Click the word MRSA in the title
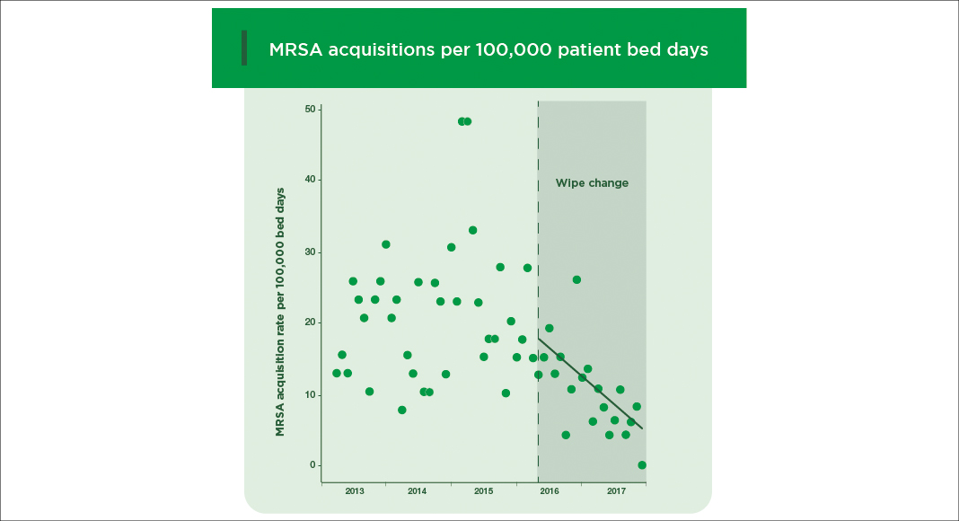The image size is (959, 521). click(x=295, y=49)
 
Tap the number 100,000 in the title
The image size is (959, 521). click(x=509, y=49)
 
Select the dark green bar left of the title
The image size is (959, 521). click(x=243, y=48)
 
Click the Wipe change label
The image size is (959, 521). click(x=592, y=183)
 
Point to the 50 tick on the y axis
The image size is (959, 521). click(x=310, y=110)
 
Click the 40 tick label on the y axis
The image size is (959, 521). click(x=310, y=181)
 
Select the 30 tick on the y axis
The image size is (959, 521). click(x=310, y=252)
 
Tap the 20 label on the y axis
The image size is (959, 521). click(x=310, y=322)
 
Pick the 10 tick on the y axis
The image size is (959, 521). click(x=310, y=394)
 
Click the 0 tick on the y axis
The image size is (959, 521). click(x=313, y=465)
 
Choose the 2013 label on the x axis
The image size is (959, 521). click(x=354, y=491)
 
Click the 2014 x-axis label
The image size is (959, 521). click(x=417, y=491)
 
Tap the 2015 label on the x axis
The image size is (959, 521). click(x=483, y=491)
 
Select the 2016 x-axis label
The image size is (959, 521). click(x=550, y=491)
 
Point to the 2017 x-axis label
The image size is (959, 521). click(x=616, y=491)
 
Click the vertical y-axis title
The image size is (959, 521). click(x=280, y=313)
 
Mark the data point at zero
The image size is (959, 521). click(x=642, y=465)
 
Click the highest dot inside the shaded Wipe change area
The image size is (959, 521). click(x=576, y=279)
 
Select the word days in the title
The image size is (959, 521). click(x=685, y=49)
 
